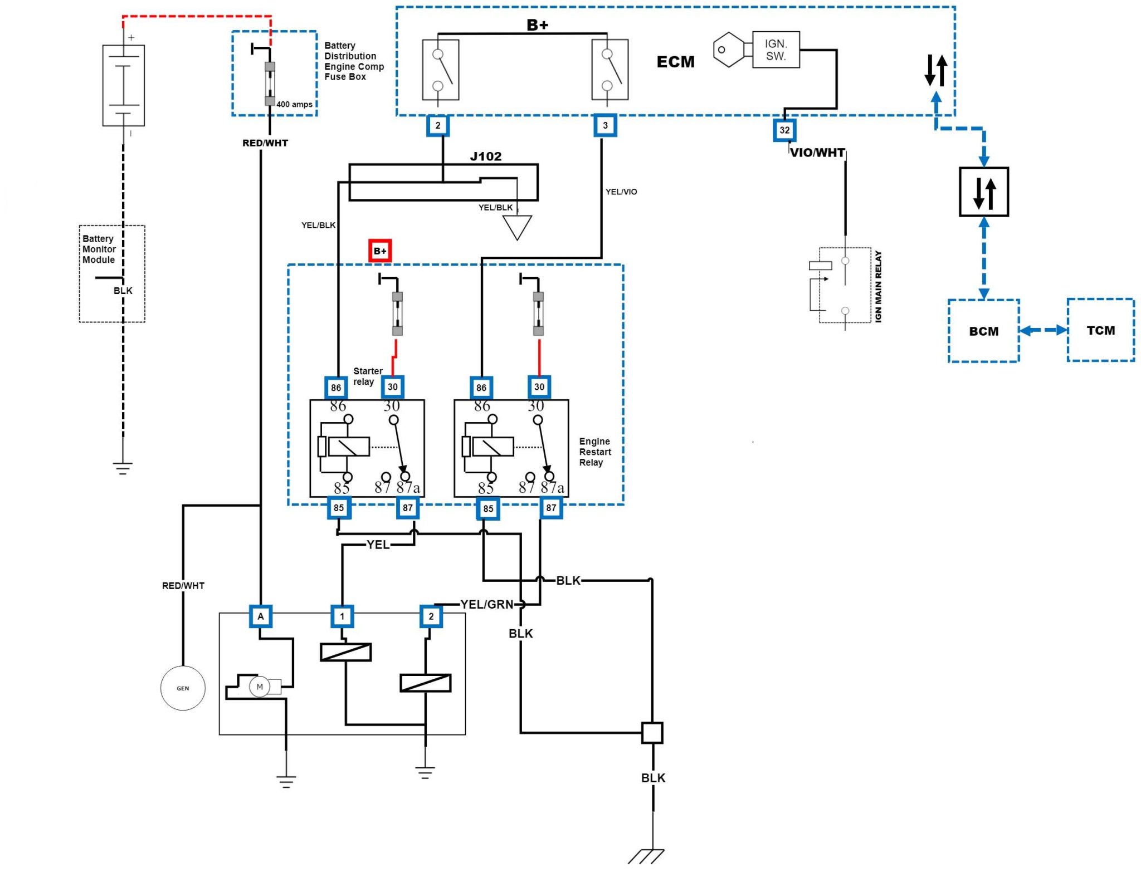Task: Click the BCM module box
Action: (x=983, y=331)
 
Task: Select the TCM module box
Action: (x=1100, y=330)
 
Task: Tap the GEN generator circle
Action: (x=183, y=688)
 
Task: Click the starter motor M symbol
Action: (x=259, y=687)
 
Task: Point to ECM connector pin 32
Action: (x=784, y=130)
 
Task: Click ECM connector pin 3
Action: (x=605, y=125)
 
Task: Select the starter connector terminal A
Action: (x=261, y=616)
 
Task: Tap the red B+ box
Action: (x=380, y=251)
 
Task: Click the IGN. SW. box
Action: (x=776, y=50)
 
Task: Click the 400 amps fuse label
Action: (x=294, y=104)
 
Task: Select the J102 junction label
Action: (x=486, y=156)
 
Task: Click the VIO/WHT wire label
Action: (x=817, y=153)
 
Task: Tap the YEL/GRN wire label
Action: (x=486, y=605)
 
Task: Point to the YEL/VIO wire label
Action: (x=621, y=192)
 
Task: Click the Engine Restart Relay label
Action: (x=595, y=452)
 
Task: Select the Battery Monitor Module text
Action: (x=99, y=249)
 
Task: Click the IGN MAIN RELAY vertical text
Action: (x=879, y=286)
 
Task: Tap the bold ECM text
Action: (x=675, y=62)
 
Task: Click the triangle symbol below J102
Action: (x=517, y=226)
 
